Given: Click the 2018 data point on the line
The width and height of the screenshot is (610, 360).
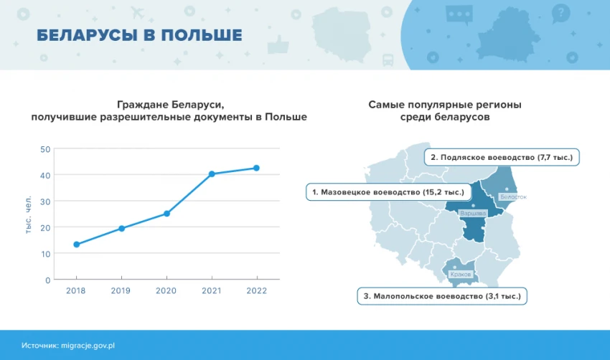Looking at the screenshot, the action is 77,245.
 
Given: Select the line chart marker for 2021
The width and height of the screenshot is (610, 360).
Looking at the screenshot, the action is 212,174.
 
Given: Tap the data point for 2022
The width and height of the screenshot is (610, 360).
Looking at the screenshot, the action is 256,168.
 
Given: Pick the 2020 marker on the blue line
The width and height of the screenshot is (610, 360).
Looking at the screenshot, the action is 167,214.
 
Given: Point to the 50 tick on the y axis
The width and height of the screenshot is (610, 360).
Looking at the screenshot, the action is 45,149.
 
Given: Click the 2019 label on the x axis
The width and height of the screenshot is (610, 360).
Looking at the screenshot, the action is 121,291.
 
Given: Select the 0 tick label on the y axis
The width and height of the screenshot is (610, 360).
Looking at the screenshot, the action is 48,280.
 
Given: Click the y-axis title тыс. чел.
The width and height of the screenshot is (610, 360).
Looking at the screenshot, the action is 28,214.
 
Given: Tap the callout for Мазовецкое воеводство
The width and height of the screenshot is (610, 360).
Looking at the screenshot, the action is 388,192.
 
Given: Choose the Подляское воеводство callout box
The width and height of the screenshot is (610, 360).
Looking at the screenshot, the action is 502,158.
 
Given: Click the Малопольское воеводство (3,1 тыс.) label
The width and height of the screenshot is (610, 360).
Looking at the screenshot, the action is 442,296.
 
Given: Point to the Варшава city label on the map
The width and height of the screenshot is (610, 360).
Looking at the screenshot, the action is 473,214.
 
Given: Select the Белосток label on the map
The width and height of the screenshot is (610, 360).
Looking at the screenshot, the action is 514,197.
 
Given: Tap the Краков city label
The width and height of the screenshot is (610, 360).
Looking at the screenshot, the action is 461,275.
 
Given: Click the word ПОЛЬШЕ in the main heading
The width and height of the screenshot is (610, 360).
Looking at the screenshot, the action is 202,35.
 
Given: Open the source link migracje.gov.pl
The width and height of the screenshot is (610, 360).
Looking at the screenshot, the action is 88,346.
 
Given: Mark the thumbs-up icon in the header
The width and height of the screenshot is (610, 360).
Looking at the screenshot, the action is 278,44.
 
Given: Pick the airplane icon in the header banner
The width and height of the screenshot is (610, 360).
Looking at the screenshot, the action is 137,13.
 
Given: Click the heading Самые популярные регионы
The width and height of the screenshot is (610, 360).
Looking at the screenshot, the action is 445,105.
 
